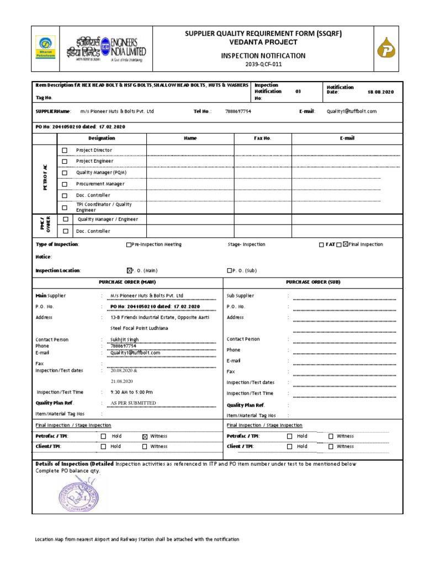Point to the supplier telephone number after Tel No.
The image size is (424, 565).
(x=238, y=111)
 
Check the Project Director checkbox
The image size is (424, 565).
(x=65, y=150)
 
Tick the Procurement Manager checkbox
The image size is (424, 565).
(x=65, y=184)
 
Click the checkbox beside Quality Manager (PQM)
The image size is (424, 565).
(x=65, y=173)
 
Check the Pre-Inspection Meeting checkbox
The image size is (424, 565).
(x=129, y=244)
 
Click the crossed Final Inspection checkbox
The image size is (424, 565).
(x=346, y=244)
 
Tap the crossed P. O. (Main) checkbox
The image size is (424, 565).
(x=130, y=270)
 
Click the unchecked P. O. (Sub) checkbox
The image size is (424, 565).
(x=230, y=271)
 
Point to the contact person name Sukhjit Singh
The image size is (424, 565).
(x=125, y=339)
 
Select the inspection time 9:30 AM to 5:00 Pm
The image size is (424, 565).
(x=132, y=392)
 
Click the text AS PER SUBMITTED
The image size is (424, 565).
(x=133, y=403)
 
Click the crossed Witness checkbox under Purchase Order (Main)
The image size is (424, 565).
(x=145, y=436)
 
